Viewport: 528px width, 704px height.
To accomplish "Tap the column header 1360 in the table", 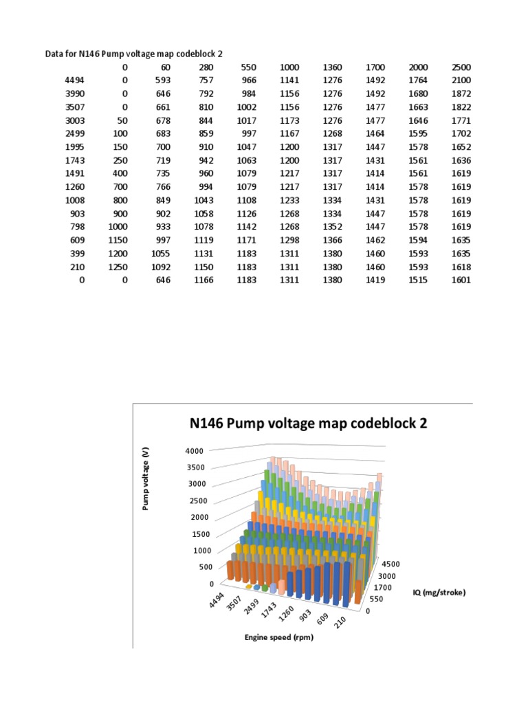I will (332, 67).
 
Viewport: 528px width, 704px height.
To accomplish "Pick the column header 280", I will (206, 67).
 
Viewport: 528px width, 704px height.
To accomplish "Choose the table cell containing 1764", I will (418, 80).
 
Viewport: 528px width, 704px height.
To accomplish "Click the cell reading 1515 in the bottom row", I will (418, 280).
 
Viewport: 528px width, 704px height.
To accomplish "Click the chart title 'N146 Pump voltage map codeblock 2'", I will (308, 423).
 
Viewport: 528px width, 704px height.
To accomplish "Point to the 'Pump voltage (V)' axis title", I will (146, 478).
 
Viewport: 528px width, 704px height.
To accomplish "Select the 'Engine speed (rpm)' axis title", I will (279, 637).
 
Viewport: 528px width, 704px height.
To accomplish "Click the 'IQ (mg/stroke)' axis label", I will (439, 592).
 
